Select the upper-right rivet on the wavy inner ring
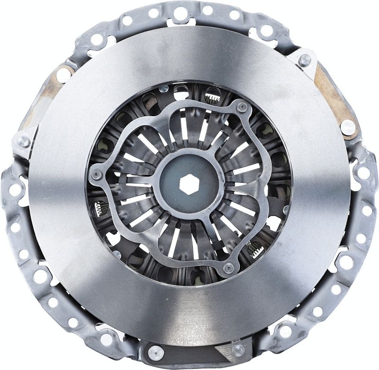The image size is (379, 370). [242, 108]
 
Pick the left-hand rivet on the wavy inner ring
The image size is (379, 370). [96, 174]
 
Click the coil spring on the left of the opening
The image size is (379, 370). [100, 207]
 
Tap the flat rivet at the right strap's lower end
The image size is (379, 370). [348, 125]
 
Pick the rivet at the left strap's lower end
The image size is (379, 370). [23, 141]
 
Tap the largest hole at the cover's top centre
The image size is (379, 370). [180, 13]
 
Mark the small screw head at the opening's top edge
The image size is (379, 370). [164, 89]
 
